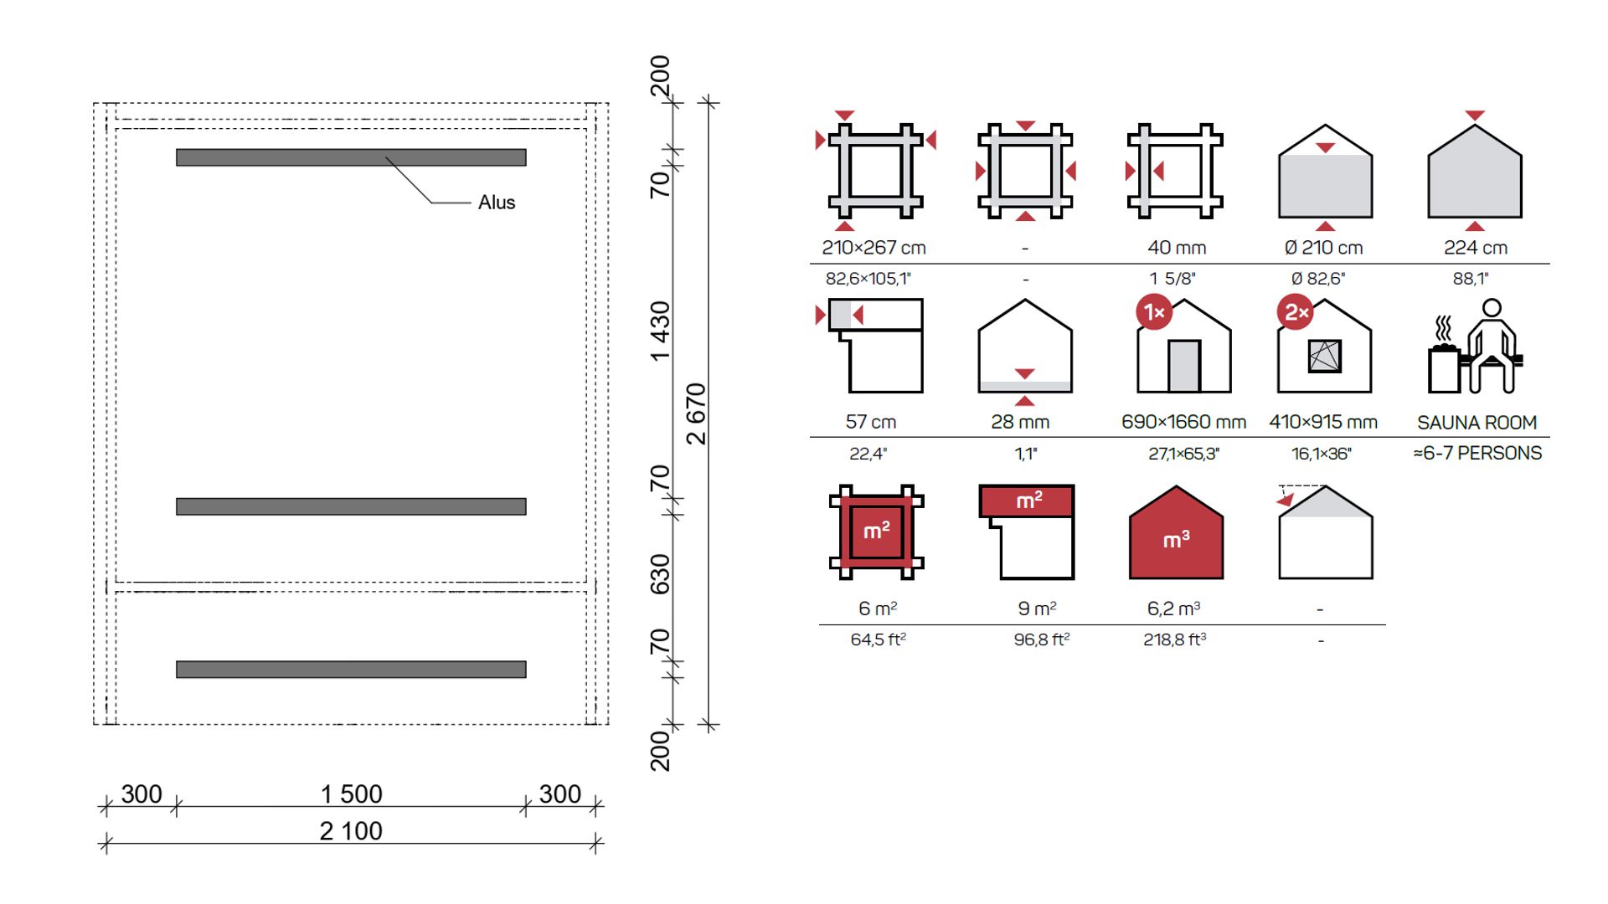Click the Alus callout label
click(x=497, y=203)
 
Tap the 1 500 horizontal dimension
click(x=352, y=794)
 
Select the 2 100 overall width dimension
click(x=351, y=830)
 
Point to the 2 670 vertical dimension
click(x=696, y=413)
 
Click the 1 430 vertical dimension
click(x=661, y=331)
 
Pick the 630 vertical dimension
click(x=661, y=574)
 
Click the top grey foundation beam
click(x=351, y=157)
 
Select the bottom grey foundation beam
click(x=351, y=670)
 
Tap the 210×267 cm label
click(x=874, y=248)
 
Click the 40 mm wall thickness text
click(x=1177, y=248)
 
